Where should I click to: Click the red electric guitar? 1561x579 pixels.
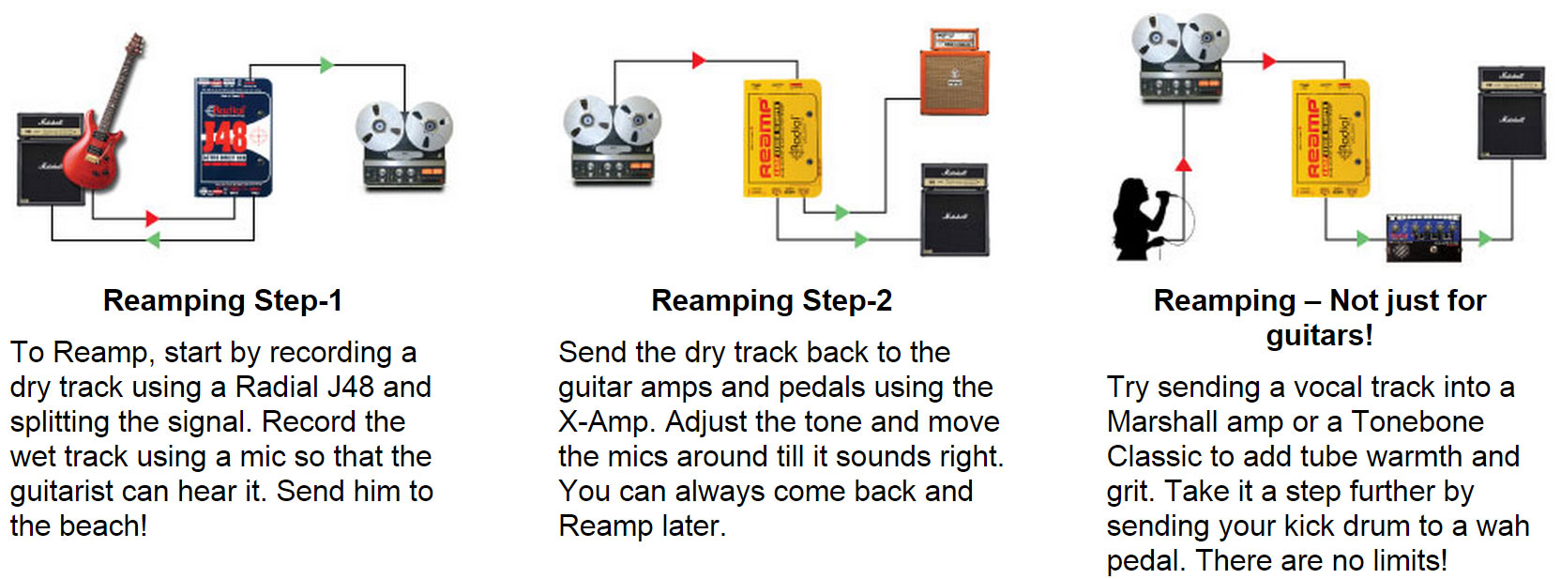(109, 131)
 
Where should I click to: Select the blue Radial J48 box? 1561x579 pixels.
(233, 137)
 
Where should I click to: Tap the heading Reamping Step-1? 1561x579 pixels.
(222, 300)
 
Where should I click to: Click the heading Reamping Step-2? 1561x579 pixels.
(771, 300)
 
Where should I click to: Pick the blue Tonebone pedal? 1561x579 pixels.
(1423, 238)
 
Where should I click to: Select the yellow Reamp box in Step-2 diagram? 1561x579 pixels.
(781, 139)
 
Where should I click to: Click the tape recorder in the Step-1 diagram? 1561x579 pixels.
(403, 145)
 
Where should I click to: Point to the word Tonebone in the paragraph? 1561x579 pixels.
(1417, 421)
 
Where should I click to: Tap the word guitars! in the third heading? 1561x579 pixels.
(1319, 335)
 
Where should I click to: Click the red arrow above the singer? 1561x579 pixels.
(1184, 165)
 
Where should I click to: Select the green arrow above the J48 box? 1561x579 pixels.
(326, 65)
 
